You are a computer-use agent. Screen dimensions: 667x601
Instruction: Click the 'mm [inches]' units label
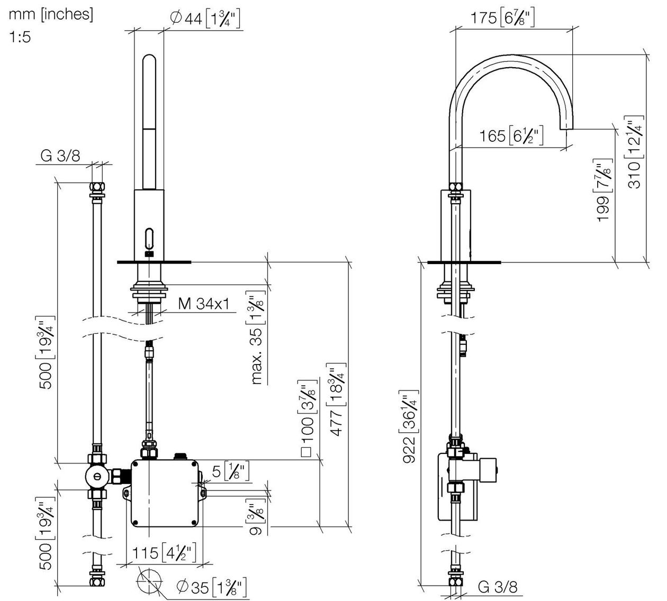point(51,15)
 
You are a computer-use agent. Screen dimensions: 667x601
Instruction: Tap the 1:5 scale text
point(20,37)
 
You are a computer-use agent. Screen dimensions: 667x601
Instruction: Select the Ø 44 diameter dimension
point(205,19)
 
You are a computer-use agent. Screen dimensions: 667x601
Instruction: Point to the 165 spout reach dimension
point(511,135)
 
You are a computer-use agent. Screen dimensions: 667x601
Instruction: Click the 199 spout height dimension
point(602,190)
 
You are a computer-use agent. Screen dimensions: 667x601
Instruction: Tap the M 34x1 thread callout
point(203,304)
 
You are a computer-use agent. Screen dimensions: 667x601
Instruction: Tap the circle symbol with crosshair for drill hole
point(149,581)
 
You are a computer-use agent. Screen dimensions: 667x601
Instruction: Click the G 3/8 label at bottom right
point(498,587)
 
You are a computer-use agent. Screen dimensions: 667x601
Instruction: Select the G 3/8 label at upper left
point(60,156)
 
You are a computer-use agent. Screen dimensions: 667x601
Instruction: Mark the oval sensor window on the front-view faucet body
point(150,238)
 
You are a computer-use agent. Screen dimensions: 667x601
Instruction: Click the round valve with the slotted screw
point(97,476)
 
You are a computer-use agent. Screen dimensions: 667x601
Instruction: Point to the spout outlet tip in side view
point(567,129)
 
